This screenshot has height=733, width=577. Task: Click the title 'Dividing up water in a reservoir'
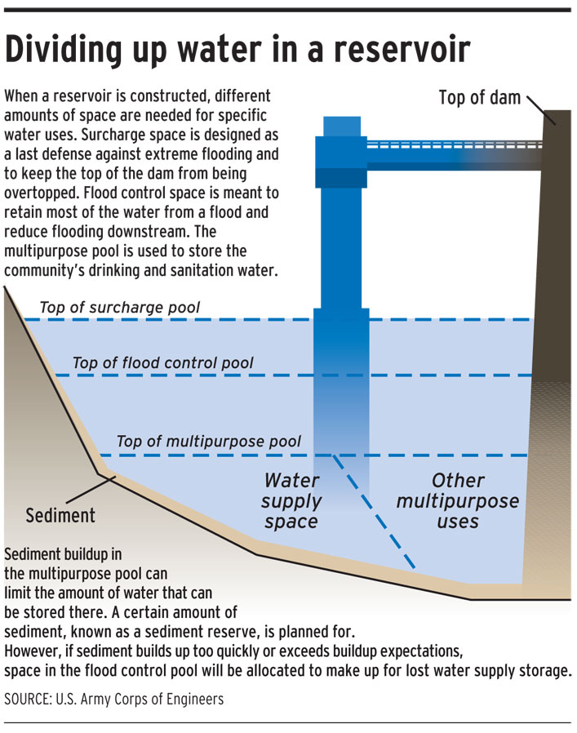237,50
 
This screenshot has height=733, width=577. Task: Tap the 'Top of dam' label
479,98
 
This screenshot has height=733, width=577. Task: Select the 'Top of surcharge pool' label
120,309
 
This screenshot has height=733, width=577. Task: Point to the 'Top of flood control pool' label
163,363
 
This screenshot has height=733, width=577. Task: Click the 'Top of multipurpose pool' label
209,442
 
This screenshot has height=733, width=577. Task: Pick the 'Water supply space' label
291,500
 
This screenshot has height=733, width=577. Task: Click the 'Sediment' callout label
60,516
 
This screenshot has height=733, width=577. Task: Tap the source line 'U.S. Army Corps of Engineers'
146,700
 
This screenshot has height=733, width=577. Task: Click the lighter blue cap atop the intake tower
341,127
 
